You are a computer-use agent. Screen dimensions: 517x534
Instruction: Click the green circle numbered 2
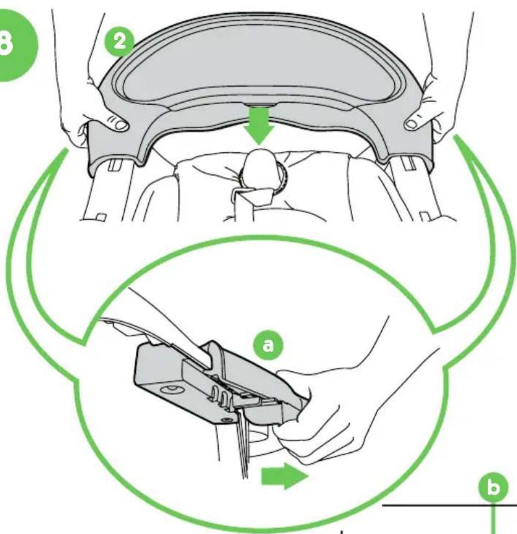pyautogui.click(x=119, y=43)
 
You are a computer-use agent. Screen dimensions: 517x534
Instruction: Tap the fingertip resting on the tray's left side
pyautogui.click(x=121, y=125)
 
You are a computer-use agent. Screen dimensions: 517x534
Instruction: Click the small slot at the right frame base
pyautogui.click(x=425, y=216)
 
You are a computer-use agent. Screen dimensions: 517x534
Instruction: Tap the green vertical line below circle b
pyautogui.click(x=492, y=518)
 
